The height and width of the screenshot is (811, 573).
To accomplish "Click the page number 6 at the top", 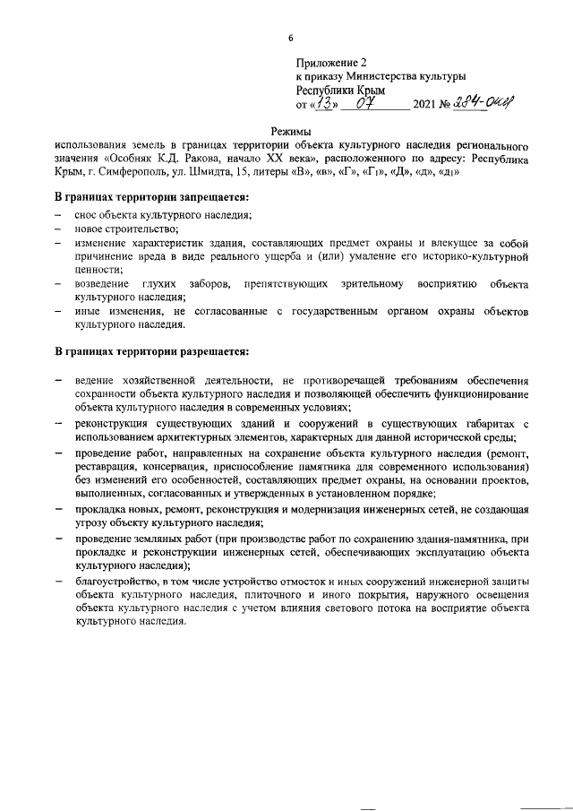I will tap(290, 37).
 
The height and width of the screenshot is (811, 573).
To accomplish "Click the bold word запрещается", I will tap(206, 196).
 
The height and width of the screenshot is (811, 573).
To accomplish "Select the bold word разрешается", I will tap(206, 350).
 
